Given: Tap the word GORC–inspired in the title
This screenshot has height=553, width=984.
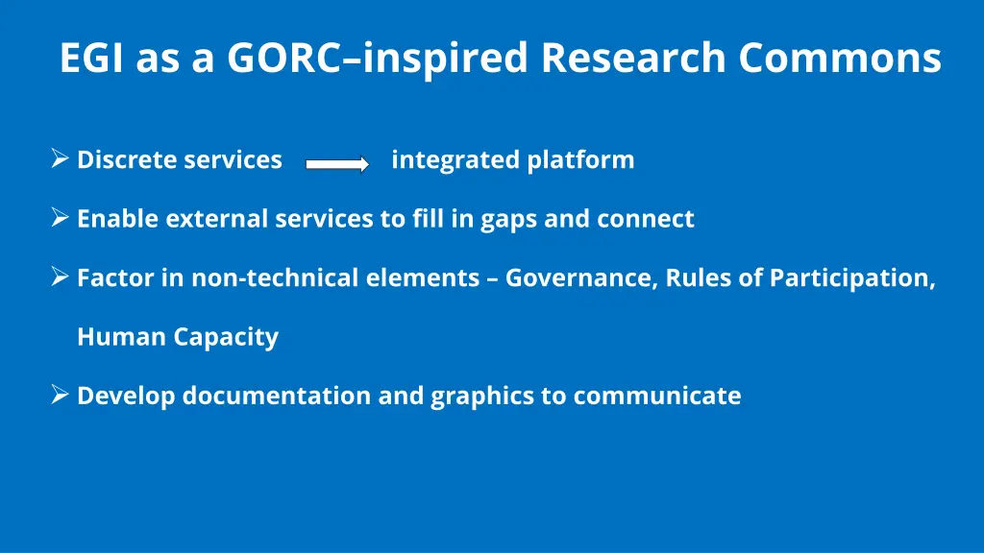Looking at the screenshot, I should click(378, 58).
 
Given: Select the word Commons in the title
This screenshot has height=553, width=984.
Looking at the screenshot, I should click(840, 58).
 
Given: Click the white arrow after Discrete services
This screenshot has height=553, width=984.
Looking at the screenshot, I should click(337, 164).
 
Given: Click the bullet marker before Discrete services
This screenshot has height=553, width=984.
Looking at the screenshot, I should click(60, 158).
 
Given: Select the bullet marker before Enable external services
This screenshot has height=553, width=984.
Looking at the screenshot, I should click(60, 218).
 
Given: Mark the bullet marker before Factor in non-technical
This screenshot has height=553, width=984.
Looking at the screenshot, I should click(60, 277).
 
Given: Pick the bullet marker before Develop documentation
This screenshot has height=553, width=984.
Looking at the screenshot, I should click(60, 395).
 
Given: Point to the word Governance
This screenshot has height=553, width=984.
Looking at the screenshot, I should click(580, 277).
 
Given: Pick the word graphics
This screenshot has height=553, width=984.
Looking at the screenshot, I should click(481, 396).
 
